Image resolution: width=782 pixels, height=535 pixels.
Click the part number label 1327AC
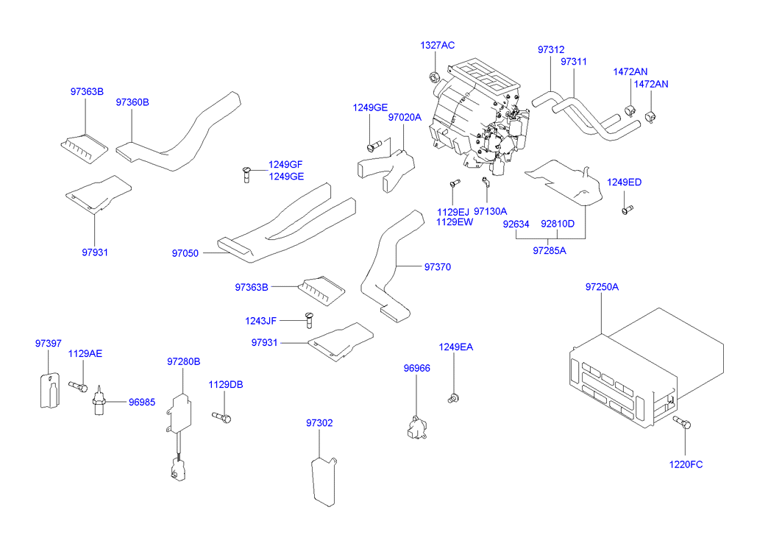pyautogui.click(x=437, y=45)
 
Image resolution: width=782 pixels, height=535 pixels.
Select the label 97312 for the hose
pyautogui.click(x=550, y=50)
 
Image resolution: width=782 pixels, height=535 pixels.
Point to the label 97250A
pyautogui.click(x=602, y=286)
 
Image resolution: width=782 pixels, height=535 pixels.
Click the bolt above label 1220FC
pyautogui.click(x=682, y=422)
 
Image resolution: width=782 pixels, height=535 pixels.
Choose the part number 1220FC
pyautogui.click(x=685, y=464)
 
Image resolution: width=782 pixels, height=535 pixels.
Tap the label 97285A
pyautogui.click(x=550, y=250)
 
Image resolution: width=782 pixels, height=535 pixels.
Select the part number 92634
pyautogui.click(x=516, y=224)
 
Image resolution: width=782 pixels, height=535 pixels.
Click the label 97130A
pyautogui.click(x=491, y=211)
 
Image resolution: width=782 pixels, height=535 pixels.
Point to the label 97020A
pyautogui.click(x=405, y=117)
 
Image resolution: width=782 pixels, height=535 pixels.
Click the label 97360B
pyautogui.click(x=132, y=102)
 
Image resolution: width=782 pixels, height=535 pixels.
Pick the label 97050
pyautogui.click(x=185, y=253)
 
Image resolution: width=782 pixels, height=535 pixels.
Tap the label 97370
pyautogui.click(x=437, y=267)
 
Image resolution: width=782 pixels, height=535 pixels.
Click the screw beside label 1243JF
pyautogui.click(x=310, y=319)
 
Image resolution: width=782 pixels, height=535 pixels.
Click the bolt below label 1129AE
pyautogui.click(x=78, y=386)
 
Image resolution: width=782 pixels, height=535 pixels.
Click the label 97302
pyautogui.click(x=319, y=422)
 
